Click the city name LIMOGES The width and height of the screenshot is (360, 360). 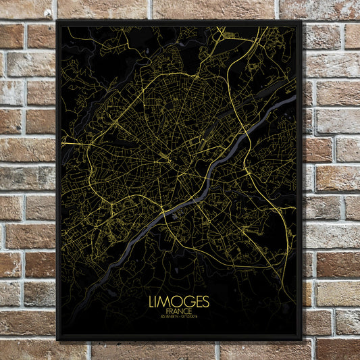(180, 301)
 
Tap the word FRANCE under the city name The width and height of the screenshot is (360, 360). (180, 310)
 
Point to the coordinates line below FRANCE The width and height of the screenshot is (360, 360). (180, 316)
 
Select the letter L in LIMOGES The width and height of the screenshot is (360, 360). (153, 301)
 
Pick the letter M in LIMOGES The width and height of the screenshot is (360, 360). (165, 301)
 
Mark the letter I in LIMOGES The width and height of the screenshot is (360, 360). (158, 301)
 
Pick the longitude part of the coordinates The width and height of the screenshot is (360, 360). (191, 316)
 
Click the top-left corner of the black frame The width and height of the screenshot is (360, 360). (57, 21)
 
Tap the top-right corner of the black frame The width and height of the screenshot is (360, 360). (301, 21)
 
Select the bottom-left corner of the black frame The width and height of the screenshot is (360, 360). (57, 340)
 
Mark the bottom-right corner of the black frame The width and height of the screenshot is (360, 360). (301, 340)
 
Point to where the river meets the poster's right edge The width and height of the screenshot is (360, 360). (295, 99)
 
